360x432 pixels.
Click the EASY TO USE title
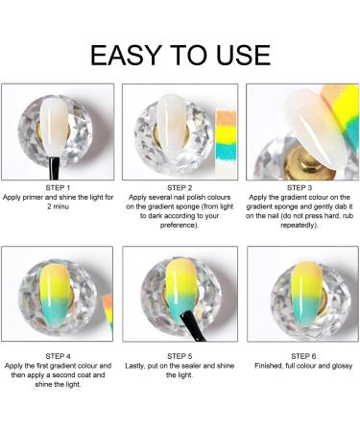180,54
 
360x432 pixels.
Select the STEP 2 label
180,187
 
